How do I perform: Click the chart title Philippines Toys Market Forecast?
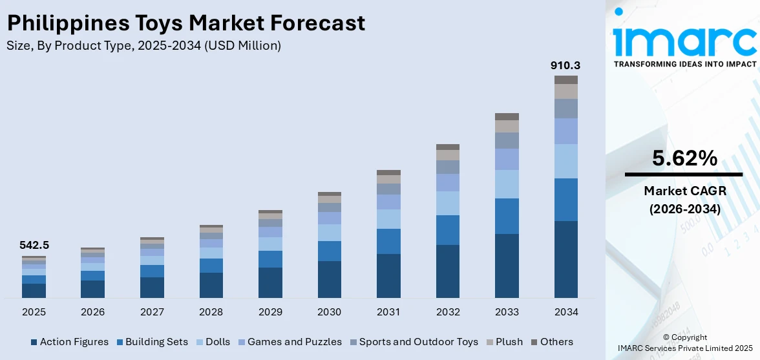tap(186, 23)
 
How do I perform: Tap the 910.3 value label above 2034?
tap(565, 65)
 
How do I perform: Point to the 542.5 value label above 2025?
tap(34, 245)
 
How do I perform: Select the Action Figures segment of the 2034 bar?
tap(565, 259)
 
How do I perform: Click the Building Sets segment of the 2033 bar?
tap(507, 216)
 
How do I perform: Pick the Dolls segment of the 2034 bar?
tap(565, 161)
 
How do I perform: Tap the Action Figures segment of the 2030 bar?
tap(329, 279)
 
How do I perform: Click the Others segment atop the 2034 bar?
tap(565, 79)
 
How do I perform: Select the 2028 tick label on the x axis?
tap(211, 312)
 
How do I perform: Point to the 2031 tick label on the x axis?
tap(388, 312)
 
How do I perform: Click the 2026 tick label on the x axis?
tap(92, 312)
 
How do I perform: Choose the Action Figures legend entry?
tap(69, 342)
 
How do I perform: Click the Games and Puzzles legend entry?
tap(289, 342)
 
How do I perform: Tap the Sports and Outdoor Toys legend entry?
tap(414, 342)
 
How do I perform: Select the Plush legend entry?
tap(504, 342)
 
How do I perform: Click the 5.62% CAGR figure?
tap(684, 158)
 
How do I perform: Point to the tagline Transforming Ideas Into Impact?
tap(684, 64)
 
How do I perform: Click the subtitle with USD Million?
tap(143, 45)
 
